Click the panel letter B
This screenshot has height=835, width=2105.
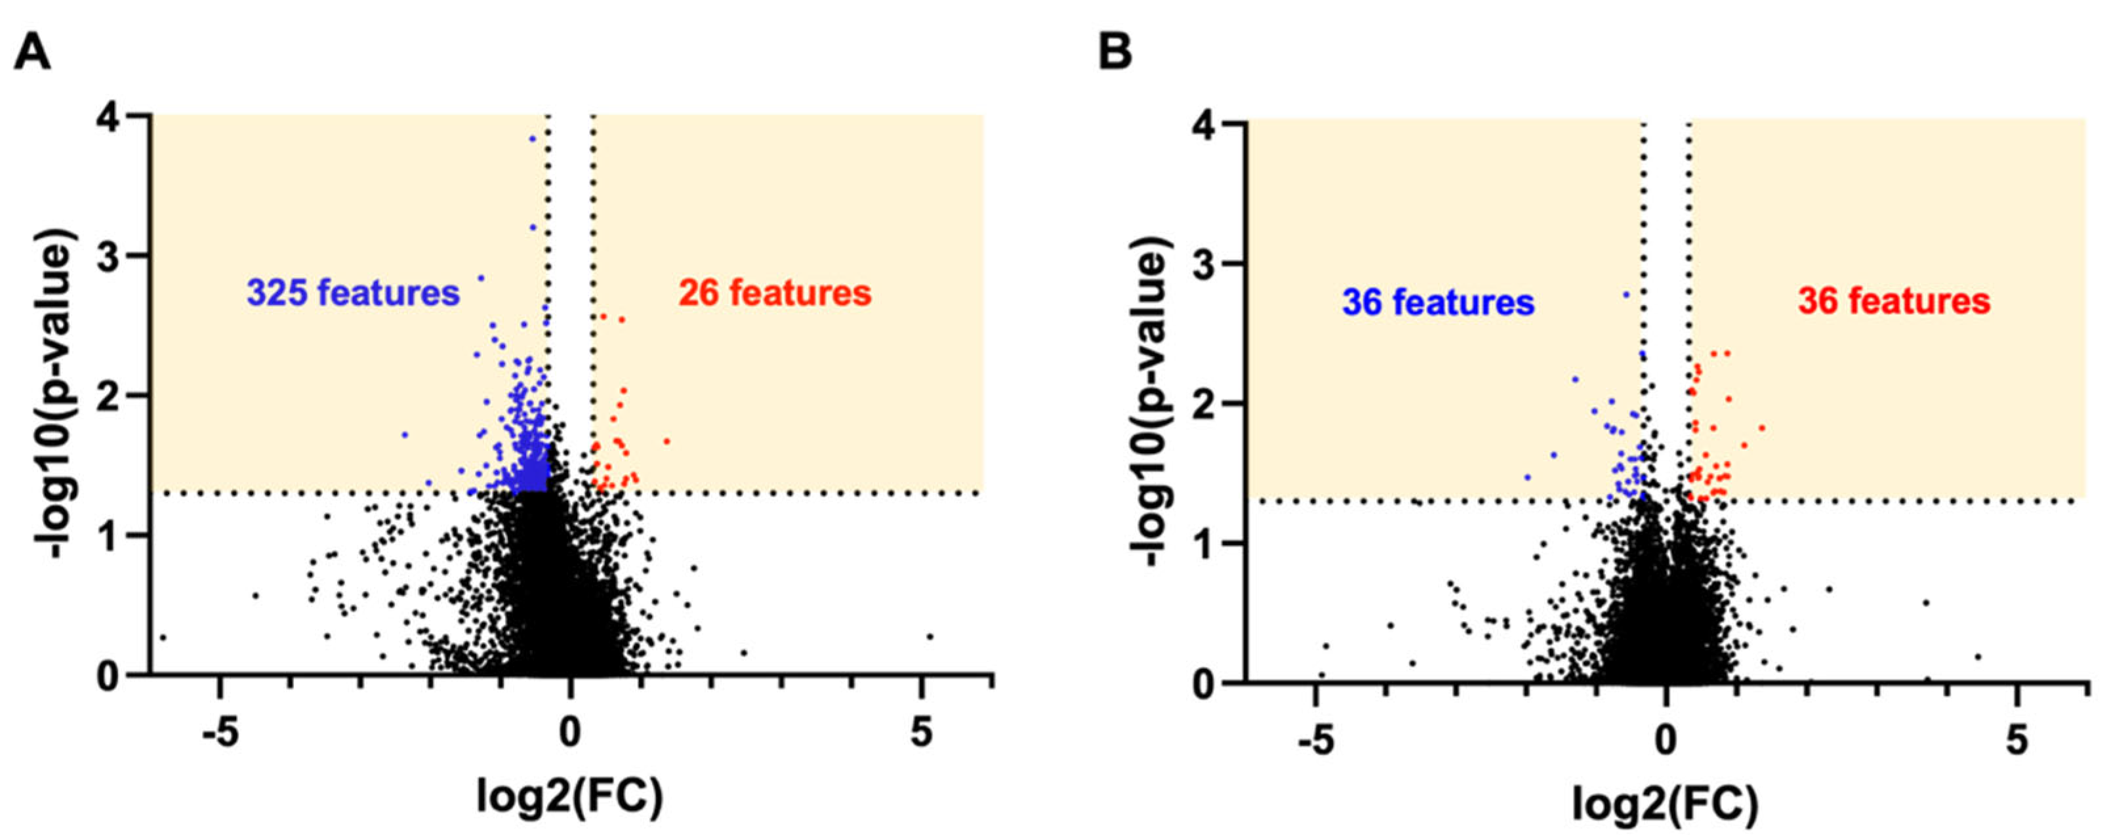coord(1114,54)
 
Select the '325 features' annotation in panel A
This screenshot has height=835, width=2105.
coord(354,293)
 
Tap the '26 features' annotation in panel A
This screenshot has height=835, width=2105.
coord(775,293)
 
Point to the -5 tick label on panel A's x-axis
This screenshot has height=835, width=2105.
coord(220,735)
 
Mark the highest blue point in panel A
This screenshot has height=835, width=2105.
coord(533,139)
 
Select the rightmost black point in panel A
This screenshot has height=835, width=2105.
coord(929,636)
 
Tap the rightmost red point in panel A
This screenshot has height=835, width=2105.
coord(667,441)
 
